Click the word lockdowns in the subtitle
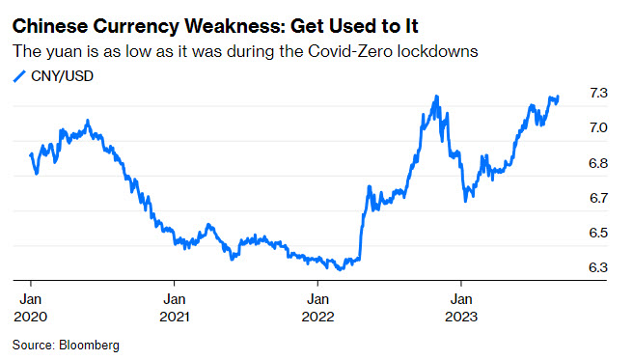click(438, 51)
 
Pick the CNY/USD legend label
click(62, 76)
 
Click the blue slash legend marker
click(19, 76)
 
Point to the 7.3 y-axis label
click(598, 93)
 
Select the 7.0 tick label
click(598, 127)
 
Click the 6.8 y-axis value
click(598, 163)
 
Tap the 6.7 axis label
click(598, 198)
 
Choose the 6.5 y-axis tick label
click(598, 233)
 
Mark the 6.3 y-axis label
click(598, 267)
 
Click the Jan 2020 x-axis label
click(31, 308)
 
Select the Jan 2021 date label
click(175, 308)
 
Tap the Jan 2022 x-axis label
click(318, 308)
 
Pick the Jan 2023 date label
click(461, 308)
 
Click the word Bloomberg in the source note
click(89, 346)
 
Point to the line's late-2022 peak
click(436, 97)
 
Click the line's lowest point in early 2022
click(340, 268)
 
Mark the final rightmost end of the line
click(558, 97)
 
